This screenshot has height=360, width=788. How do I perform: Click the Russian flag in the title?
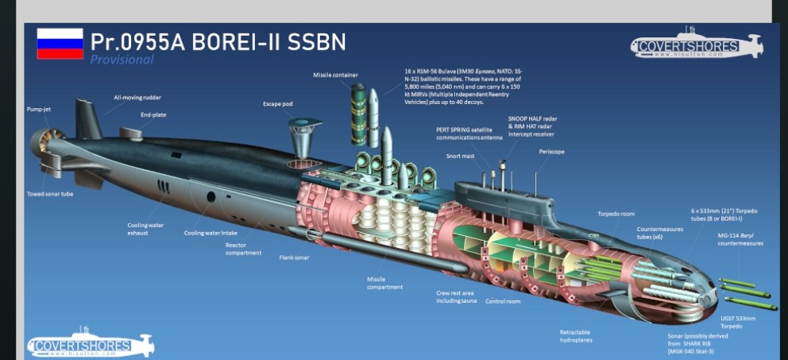60,44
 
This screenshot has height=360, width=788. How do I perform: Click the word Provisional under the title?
122,60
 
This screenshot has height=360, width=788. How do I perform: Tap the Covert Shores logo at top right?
697,46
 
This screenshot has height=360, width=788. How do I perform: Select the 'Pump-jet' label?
39,109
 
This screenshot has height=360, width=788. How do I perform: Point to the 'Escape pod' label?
278,104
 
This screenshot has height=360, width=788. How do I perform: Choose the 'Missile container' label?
334,75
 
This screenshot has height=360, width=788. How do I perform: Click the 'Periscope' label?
551,151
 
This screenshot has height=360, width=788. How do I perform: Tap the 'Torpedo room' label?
616,214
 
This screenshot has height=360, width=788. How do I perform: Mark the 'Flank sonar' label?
294,257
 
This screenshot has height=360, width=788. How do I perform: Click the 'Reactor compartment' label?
243,249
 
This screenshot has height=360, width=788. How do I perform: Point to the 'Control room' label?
502,301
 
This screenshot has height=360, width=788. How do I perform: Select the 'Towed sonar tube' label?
49,194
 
